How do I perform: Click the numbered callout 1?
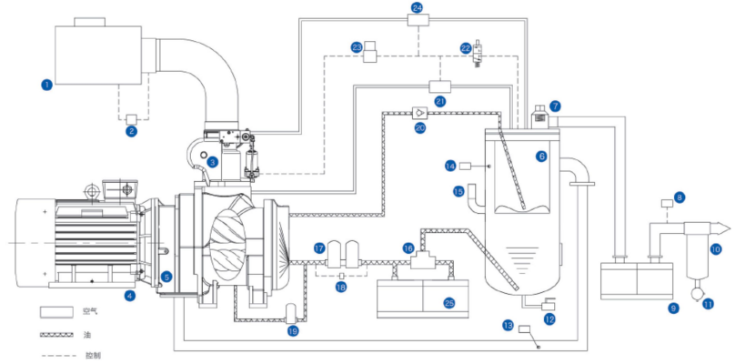pos(46,85)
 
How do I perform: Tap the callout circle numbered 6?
pos(541,157)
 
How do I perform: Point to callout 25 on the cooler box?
pos(447,303)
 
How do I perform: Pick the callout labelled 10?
pos(715,248)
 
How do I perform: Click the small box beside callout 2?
pos(131,117)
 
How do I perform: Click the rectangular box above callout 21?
pos(440,86)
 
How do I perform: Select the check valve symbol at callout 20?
pos(420,114)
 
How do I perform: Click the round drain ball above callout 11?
pos(698,293)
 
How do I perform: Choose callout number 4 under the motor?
pos(130,295)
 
